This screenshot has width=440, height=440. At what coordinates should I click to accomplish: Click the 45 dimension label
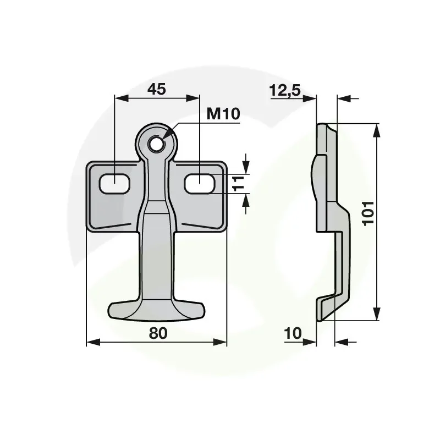tap(157, 89)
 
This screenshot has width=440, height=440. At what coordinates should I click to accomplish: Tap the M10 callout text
tap(223, 114)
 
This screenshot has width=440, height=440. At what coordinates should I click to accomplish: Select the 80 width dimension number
tap(158, 333)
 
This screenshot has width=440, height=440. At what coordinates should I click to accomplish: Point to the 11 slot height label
tap(239, 184)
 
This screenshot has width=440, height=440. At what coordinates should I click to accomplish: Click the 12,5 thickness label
tap(285, 91)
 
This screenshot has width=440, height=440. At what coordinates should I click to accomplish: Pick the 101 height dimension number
tap(368, 213)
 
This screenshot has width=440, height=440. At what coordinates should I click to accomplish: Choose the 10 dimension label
tap(293, 333)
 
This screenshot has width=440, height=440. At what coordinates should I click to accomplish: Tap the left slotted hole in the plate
tap(114, 184)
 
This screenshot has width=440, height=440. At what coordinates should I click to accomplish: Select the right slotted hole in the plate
tap(200, 184)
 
